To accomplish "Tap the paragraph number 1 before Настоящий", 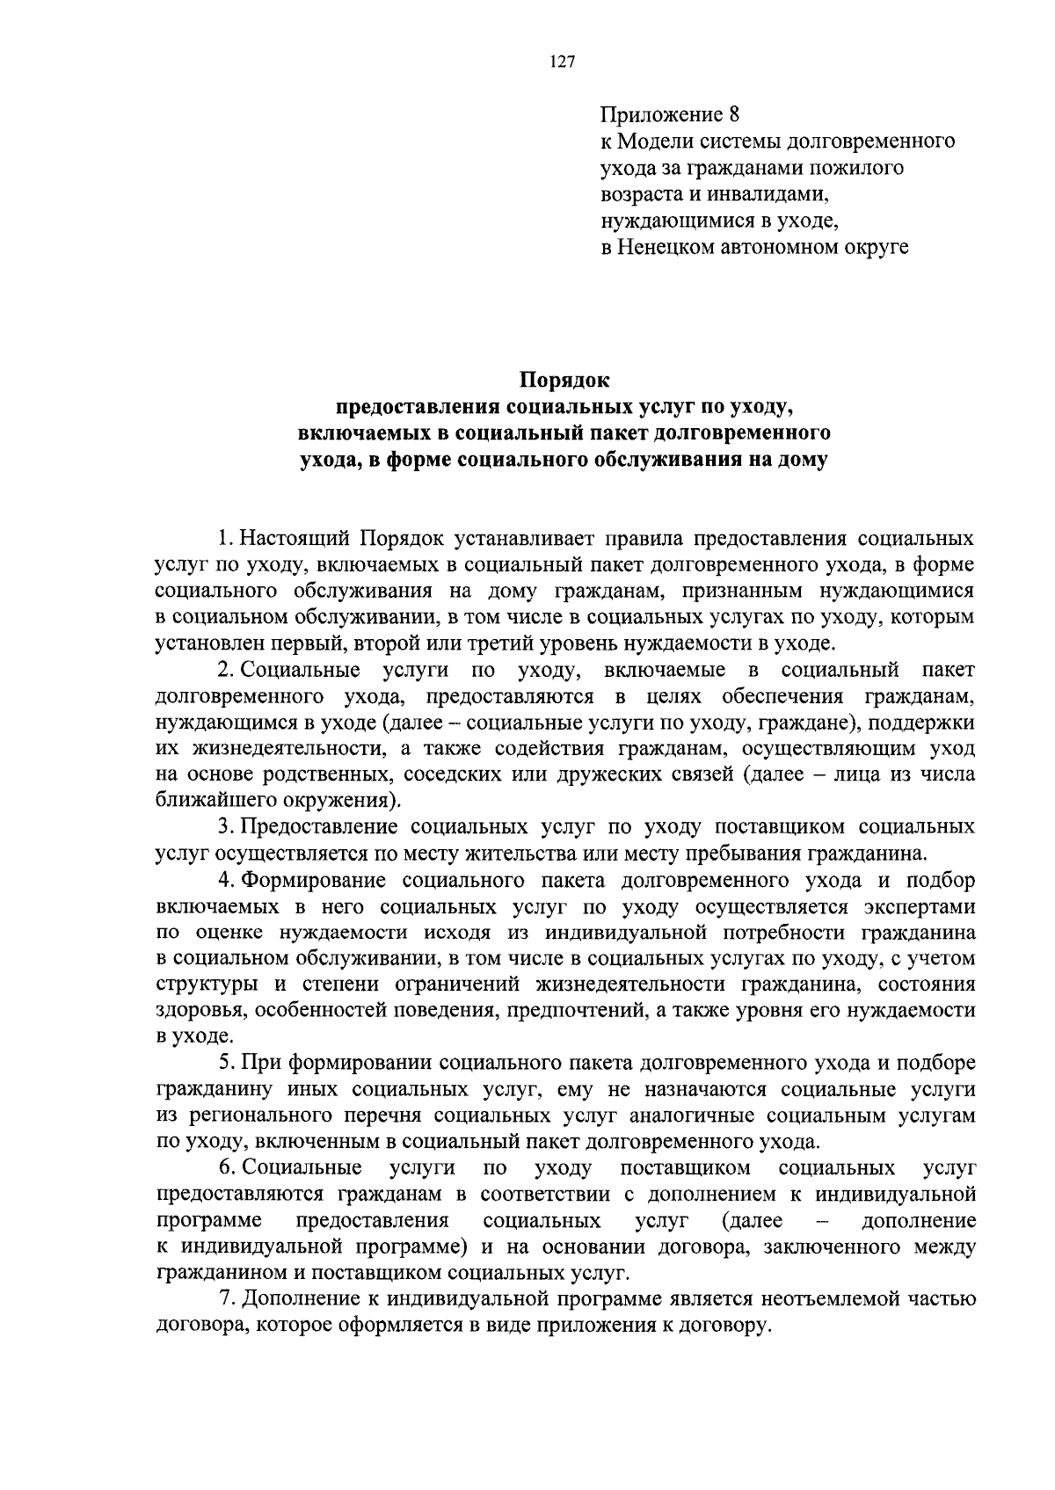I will pos(224,538).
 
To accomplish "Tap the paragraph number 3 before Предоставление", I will pos(224,827).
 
